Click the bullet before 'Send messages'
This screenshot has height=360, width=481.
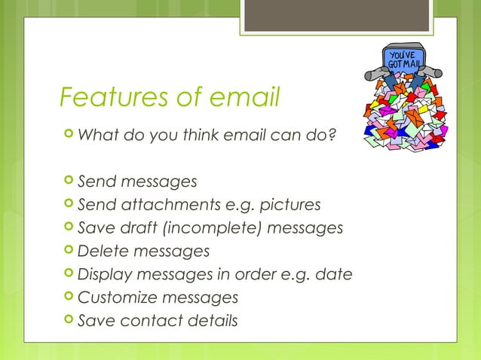click(69, 182)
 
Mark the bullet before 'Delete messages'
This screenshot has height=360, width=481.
click(69, 251)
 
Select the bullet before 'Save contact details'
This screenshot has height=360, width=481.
click(69, 320)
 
